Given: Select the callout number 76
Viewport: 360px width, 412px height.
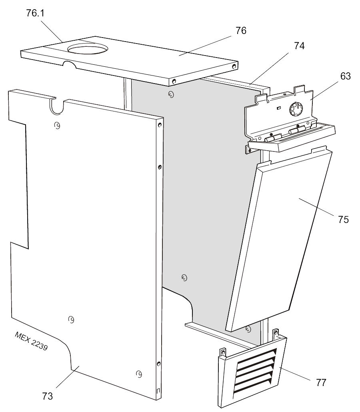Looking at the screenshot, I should (x=241, y=30).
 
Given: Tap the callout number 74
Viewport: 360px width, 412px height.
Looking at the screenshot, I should (x=299, y=46).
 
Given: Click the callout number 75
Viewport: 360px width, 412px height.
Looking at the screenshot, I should (x=343, y=219).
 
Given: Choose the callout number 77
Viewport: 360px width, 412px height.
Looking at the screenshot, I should (x=321, y=382).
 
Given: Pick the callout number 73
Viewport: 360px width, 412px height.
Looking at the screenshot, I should (x=47, y=396).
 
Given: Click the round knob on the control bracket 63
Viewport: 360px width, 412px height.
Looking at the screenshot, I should (x=296, y=109).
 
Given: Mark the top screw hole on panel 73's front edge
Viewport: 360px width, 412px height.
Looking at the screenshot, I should (x=160, y=125).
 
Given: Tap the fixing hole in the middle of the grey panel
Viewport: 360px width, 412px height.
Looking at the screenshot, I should (x=184, y=277).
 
